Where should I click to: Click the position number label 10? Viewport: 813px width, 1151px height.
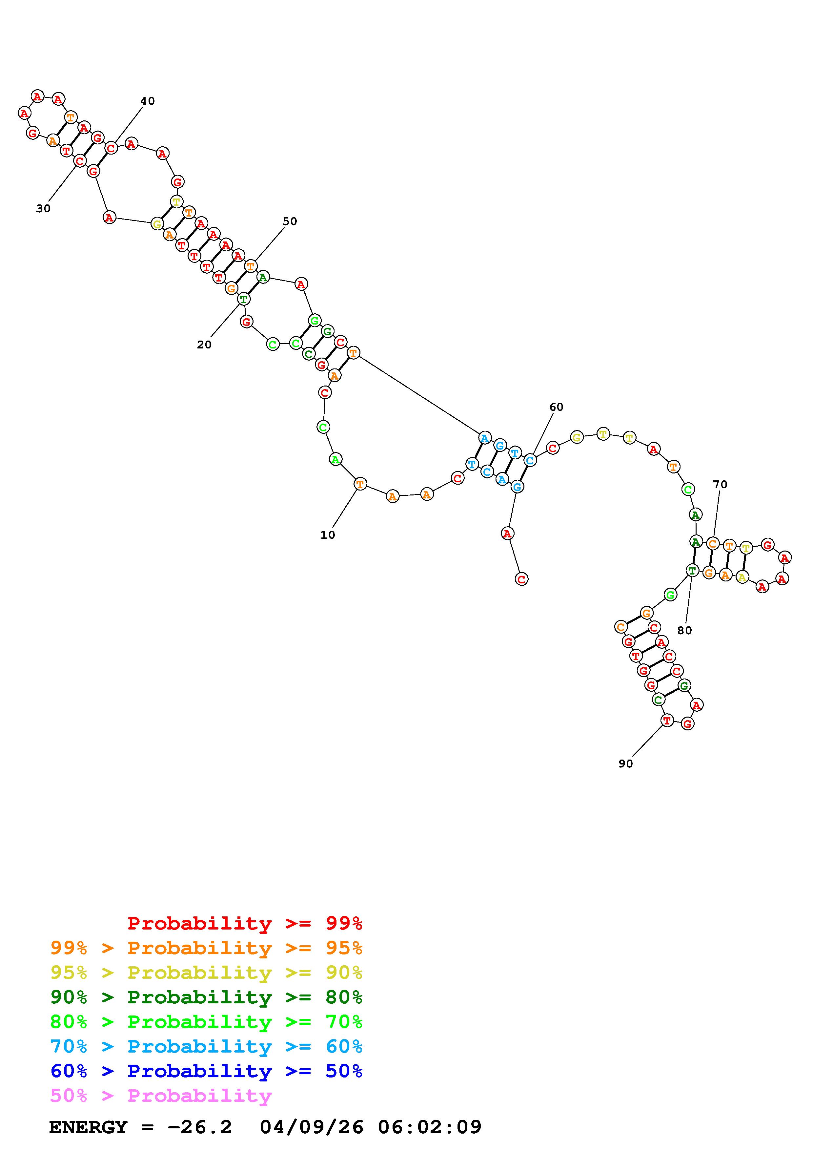pos(328,535)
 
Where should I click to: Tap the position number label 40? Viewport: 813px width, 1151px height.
pos(147,101)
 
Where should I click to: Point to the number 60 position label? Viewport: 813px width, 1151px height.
pos(556,407)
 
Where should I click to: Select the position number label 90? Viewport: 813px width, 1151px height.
pos(626,764)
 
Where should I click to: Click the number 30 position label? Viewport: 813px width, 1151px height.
pos(43,209)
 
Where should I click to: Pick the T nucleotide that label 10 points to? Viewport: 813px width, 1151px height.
pos(360,484)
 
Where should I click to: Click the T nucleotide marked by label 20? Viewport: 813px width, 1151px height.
pos(243,299)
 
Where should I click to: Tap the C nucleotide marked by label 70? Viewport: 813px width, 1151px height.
pos(713,543)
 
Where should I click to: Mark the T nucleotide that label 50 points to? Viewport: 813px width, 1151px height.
pos(251,266)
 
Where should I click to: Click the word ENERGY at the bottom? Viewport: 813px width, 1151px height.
pos(88,1127)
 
